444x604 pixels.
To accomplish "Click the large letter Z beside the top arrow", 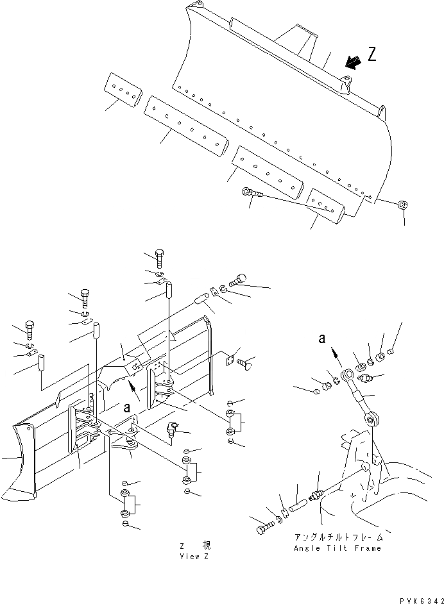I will (x=371, y=55).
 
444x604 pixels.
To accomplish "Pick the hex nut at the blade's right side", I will (x=402, y=205).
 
